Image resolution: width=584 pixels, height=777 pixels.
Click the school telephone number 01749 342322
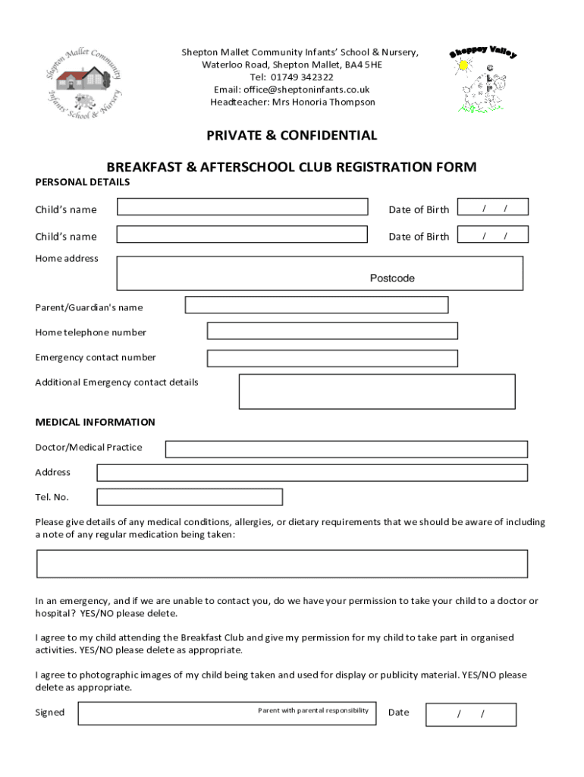tap(291, 77)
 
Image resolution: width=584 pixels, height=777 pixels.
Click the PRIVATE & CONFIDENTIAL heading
tap(291, 136)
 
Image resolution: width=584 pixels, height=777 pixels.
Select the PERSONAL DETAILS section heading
tap(82, 182)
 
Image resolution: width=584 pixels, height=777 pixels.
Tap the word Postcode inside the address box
tap(392, 278)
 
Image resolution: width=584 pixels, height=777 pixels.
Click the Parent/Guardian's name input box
tap(316, 305)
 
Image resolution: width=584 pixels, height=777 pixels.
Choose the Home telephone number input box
tap(332, 331)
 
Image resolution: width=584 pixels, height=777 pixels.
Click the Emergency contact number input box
tap(332, 358)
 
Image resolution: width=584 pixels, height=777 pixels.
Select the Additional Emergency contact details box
tap(377, 392)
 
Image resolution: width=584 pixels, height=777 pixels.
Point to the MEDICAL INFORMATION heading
tap(95, 422)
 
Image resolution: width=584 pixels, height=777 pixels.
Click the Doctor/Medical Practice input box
tap(346, 449)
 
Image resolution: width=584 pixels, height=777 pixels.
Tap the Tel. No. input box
tap(190, 497)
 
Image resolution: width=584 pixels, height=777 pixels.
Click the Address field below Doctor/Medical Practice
tap(312, 473)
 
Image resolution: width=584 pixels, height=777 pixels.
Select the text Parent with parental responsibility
tap(313, 710)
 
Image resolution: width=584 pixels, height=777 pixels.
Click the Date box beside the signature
tap(470, 714)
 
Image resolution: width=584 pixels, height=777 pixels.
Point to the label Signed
tap(50, 713)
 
